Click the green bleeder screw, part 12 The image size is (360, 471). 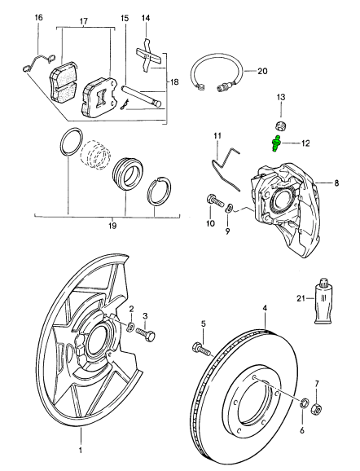click(276, 145)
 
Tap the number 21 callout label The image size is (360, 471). click(301, 299)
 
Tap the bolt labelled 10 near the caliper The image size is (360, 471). click(212, 199)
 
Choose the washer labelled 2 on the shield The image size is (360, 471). click(131, 327)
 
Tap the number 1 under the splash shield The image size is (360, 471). click(81, 449)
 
